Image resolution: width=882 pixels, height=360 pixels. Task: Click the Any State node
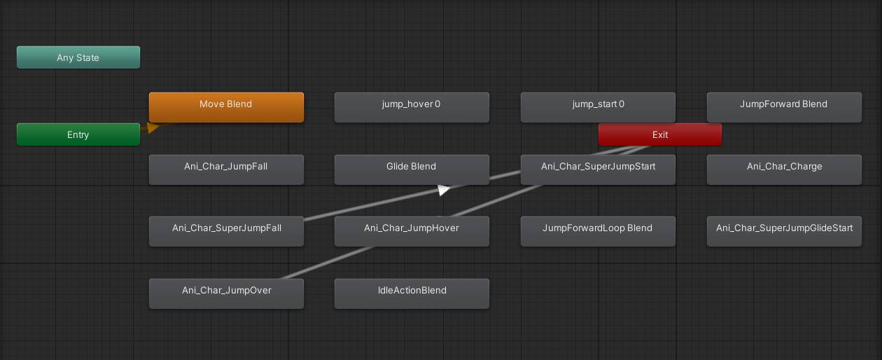pyautogui.click(x=78, y=57)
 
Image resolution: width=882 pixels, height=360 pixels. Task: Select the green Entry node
pyautogui.click(x=78, y=134)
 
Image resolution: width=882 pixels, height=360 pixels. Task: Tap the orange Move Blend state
pyautogui.click(x=226, y=107)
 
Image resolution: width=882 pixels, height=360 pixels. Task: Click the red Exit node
pyautogui.click(x=660, y=134)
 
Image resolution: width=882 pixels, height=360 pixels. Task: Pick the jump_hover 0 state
pyautogui.click(x=412, y=107)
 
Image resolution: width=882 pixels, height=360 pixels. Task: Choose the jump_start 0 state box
pyautogui.click(x=598, y=107)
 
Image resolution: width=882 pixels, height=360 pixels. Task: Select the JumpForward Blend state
pyautogui.click(x=784, y=107)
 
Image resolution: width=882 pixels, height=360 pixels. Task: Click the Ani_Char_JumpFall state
pyautogui.click(x=226, y=169)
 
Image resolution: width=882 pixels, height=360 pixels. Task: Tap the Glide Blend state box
pyautogui.click(x=412, y=169)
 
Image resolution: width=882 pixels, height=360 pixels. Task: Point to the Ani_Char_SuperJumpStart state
pyautogui.click(x=598, y=169)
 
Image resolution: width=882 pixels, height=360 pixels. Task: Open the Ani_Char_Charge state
pyautogui.click(x=784, y=169)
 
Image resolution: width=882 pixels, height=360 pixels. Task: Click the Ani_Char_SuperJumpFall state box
pyautogui.click(x=226, y=231)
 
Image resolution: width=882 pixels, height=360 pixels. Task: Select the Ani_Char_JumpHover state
pyautogui.click(x=412, y=231)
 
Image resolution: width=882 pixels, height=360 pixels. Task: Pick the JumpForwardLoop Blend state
pyautogui.click(x=598, y=231)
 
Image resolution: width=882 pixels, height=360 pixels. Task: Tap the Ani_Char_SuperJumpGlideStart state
pyautogui.click(x=784, y=231)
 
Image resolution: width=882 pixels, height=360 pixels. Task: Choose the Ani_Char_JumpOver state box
pyautogui.click(x=226, y=294)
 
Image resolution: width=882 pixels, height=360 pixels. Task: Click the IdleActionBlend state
pyautogui.click(x=412, y=294)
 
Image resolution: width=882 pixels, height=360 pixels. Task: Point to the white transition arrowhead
pyautogui.click(x=443, y=190)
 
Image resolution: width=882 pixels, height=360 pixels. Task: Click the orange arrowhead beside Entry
pyautogui.click(x=153, y=127)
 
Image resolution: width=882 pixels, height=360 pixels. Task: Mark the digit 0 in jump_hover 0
pyautogui.click(x=437, y=104)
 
